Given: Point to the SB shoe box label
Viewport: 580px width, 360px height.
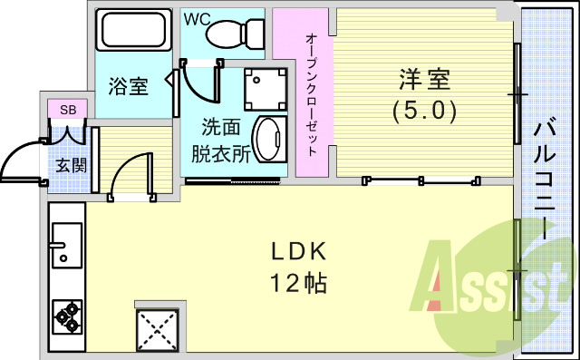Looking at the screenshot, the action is (67, 110).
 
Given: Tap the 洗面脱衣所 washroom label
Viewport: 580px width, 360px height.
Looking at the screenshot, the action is (220, 141).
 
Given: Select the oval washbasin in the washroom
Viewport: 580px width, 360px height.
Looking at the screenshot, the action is (267, 140).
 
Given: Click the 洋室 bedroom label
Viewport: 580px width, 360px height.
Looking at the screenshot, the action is (423, 80).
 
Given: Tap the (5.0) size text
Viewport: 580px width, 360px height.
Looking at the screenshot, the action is (423, 111).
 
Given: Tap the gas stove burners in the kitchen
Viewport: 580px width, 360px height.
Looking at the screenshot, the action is (67, 315).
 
